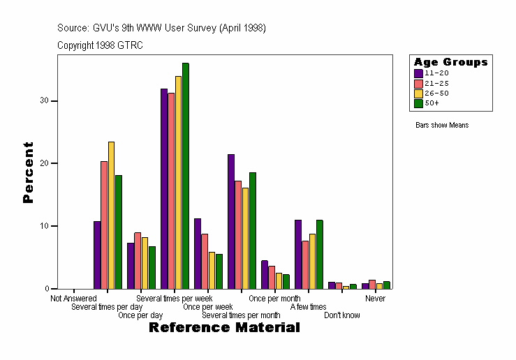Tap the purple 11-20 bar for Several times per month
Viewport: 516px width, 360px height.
click(230, 221)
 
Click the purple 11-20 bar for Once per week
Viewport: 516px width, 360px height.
click(198, 253)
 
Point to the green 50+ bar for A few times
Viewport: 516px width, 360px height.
click(319, 254)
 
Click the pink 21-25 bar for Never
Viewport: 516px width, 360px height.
click(372, 284)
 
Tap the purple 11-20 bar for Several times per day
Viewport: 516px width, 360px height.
click(97, 255)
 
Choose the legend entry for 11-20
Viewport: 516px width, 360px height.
click(432, 73)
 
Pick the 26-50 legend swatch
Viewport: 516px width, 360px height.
click(418, 93)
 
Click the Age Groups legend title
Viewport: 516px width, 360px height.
click(450, 62)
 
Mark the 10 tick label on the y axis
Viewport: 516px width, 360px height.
click(45, 226)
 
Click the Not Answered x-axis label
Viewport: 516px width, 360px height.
click(73, 299)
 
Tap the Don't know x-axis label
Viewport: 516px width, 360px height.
click(342, 315)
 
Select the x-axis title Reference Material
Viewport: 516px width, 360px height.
click(224, 327)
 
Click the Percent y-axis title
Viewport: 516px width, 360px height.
click(29, 172)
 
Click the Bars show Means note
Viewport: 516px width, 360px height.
click(442, 126)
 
